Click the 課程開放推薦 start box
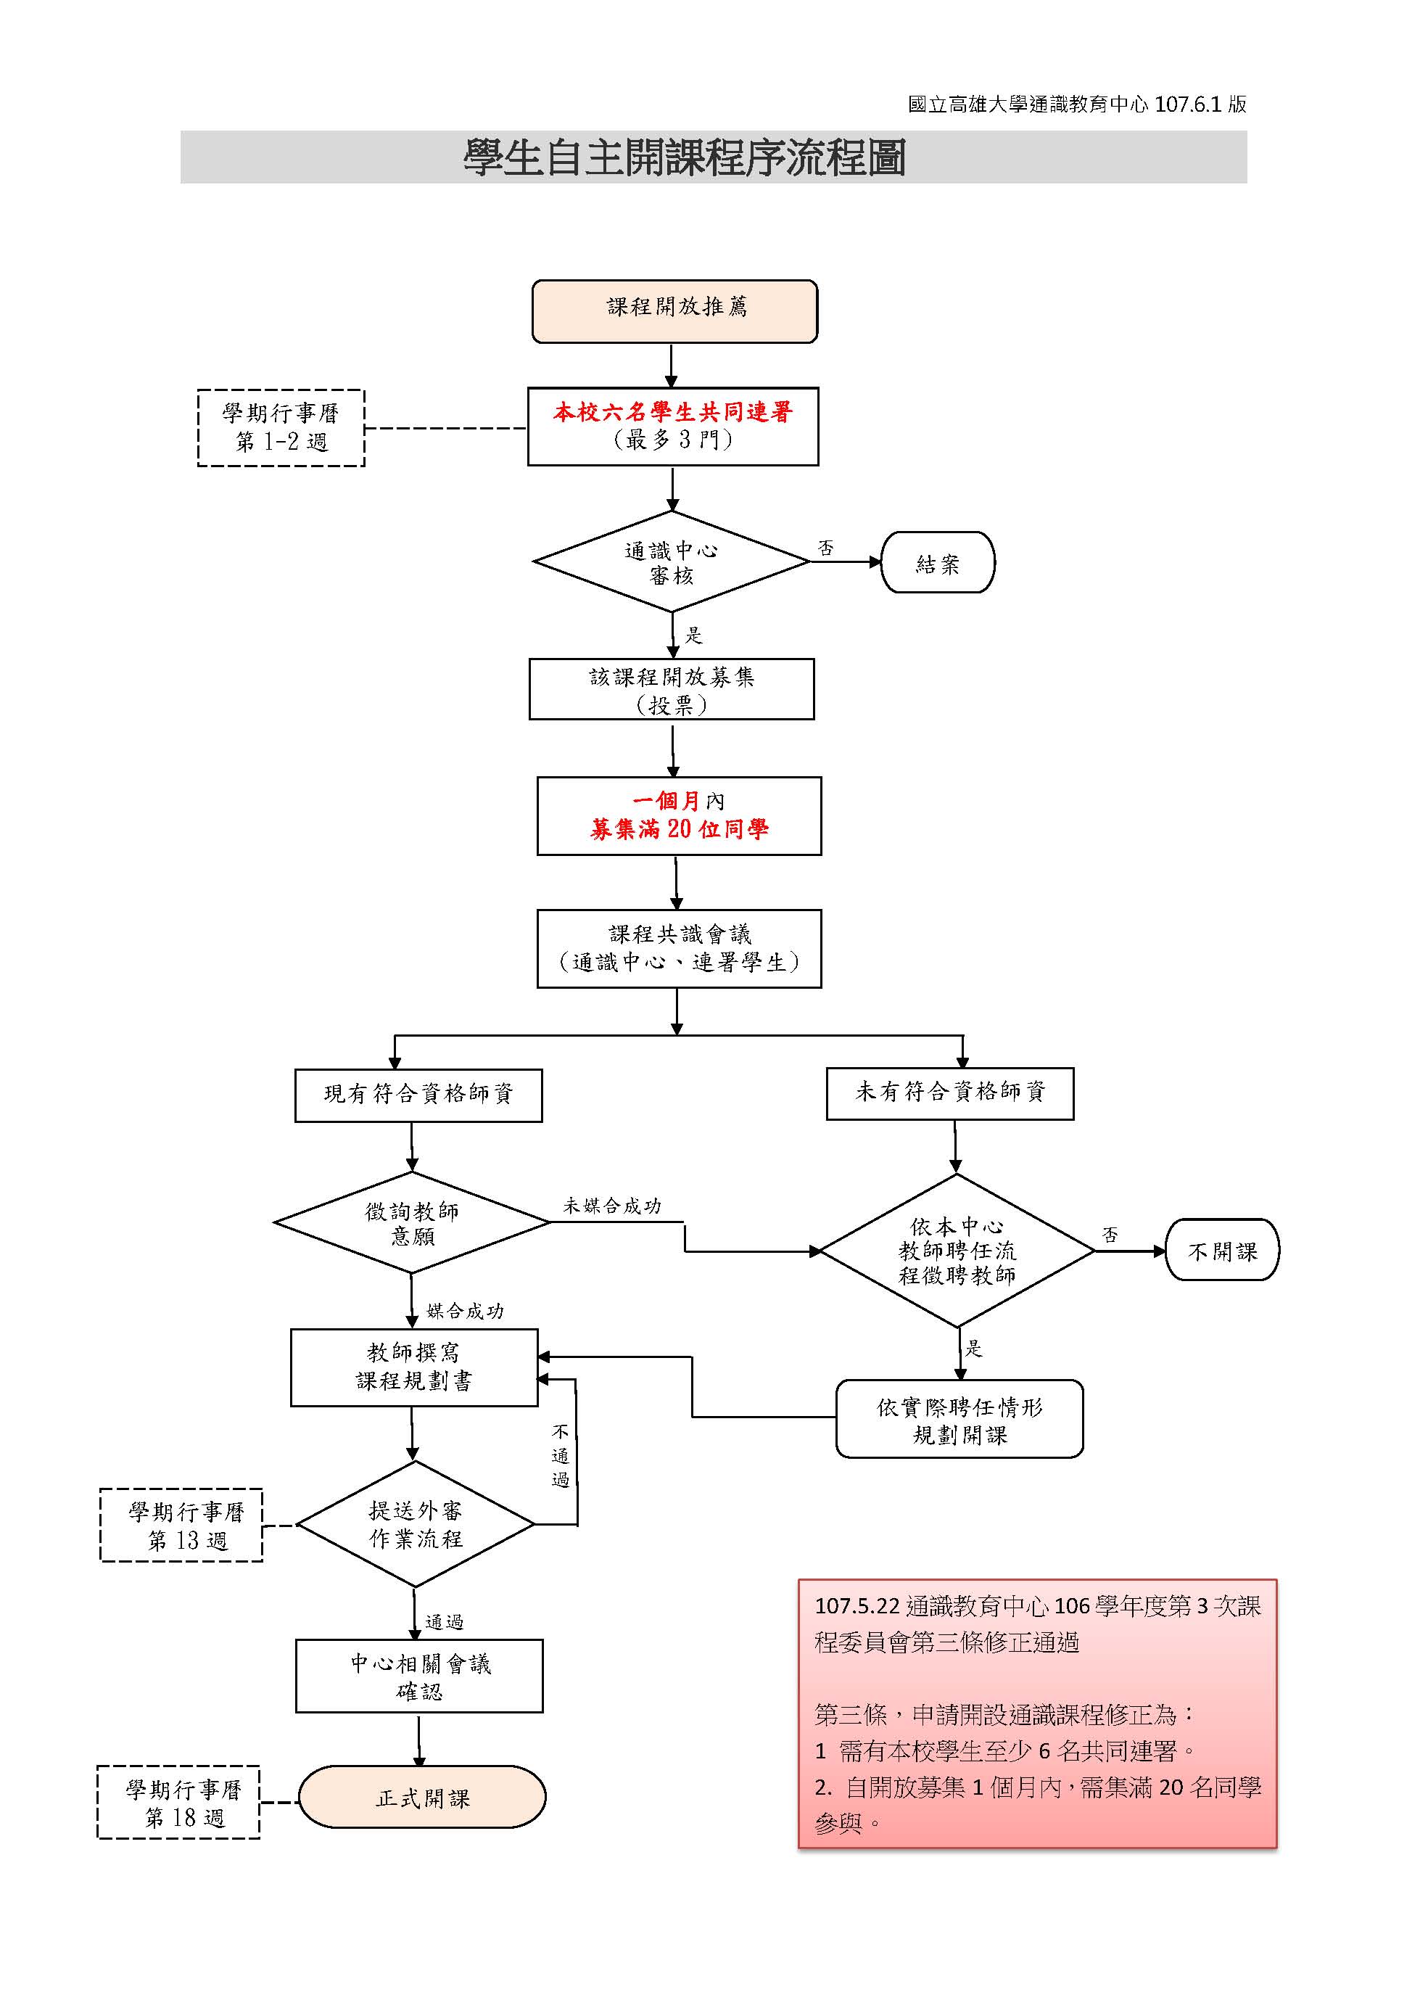pos(674,311)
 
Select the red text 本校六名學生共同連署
pos(673,411)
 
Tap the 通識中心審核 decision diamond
pos(671,562)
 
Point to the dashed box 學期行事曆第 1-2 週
pos(281,427)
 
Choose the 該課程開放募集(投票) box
pos(671,690)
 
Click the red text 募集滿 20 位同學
pos(679,829)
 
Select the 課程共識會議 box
pos(679,948)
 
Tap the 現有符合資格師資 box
pos(418,1094)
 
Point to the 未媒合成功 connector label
pos(612,1206)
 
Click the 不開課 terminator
pos(1221,1250)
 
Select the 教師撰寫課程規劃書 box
pos(413,1367)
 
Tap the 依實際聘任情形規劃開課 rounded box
pos(959,1420)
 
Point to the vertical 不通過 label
pos(560,1456)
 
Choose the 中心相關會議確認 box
pos(418,1676)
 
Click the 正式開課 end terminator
pos(422,1798)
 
